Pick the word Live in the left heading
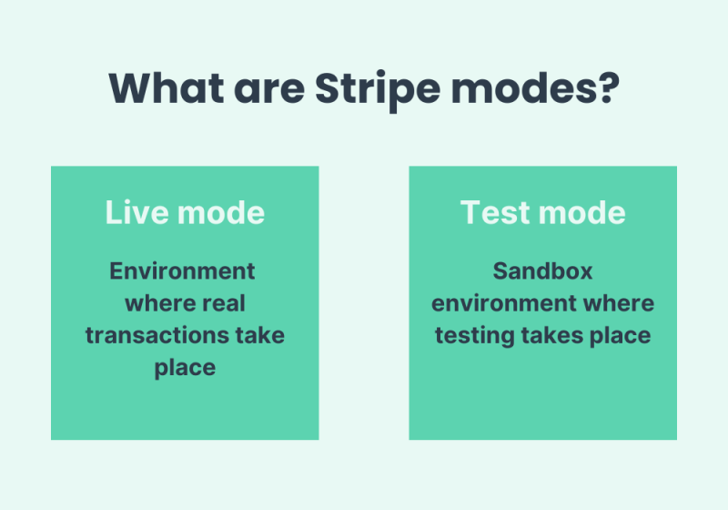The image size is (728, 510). (136, 212)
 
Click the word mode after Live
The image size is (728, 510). (221, 212)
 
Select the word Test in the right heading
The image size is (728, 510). (494, 212)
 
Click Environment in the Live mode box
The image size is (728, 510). (182, 270)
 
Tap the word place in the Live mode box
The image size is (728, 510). (185, 367)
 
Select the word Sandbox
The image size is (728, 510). (542, 270)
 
